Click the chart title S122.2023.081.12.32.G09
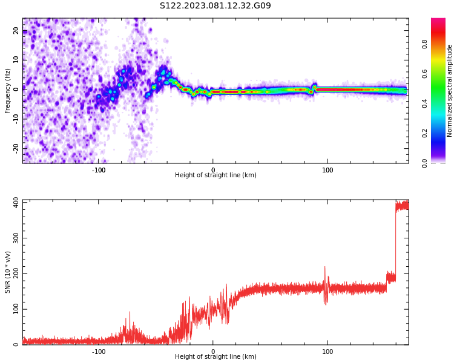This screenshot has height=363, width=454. [215, 6]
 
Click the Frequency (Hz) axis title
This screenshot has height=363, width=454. [8, 90]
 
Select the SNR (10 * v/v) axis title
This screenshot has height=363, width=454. [8, 272]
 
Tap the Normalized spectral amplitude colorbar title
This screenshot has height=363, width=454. [450, 90]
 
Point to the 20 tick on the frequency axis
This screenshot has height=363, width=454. [16, 31]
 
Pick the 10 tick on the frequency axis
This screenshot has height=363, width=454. [16, 60]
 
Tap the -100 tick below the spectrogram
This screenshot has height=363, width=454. [99, 170]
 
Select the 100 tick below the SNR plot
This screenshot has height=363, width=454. [327, 352]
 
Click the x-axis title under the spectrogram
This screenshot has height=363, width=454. [215, 175]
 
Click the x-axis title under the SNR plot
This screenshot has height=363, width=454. [215, 357]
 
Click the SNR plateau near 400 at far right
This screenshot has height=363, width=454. [402, 206]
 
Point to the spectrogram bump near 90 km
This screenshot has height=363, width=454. [314, 86]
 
